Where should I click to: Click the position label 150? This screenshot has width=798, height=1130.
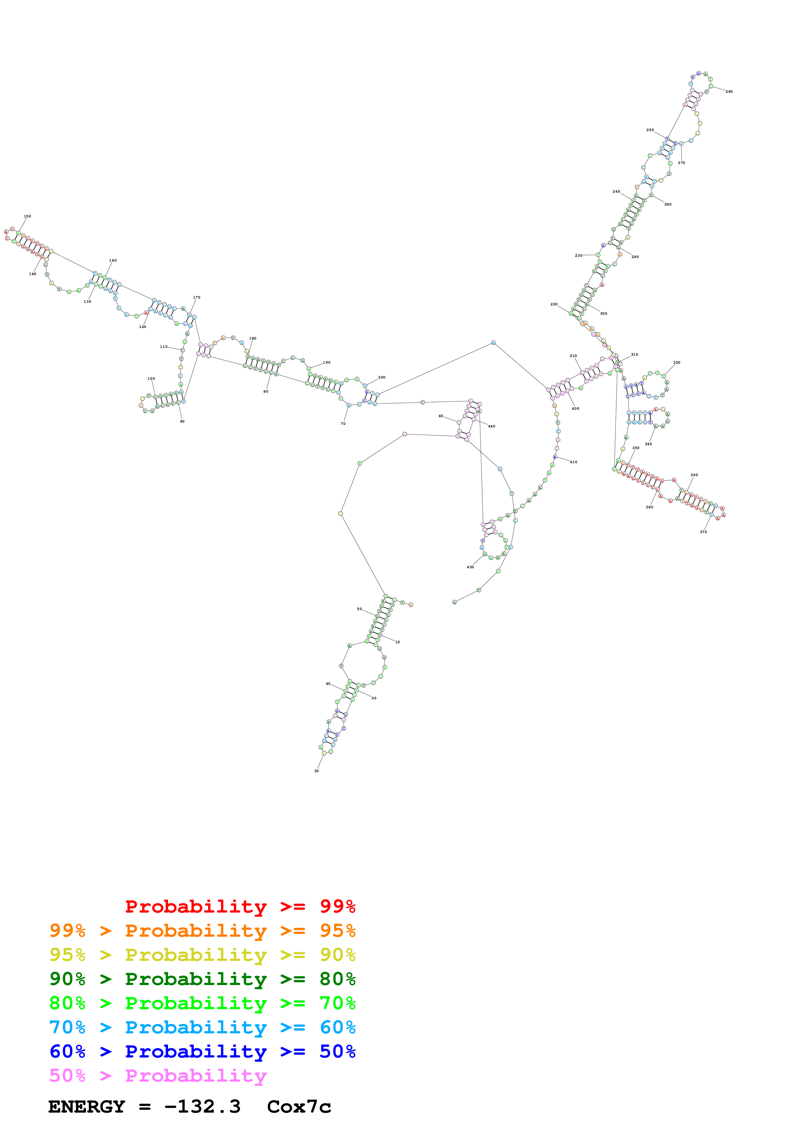[x=28, y=216]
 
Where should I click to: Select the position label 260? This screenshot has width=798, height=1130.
[x=729, y=91]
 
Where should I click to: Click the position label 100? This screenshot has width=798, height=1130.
[x=151, y=378]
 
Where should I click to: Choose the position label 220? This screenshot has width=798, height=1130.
[x=554, y=304]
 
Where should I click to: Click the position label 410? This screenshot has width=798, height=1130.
[x=573, y=462]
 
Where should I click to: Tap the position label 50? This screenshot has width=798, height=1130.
[x=360, y=609]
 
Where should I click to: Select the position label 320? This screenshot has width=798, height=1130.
[x=677, y=363]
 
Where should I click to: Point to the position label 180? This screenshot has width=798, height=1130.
[x=252, y=338]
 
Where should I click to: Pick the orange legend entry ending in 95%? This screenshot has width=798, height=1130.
[x=202, y=931]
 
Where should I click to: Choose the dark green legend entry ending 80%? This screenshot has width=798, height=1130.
[x=202, y=979]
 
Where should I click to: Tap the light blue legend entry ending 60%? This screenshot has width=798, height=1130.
[x=202, y=1027]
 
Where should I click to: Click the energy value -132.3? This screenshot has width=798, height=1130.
[x=202, y=1107]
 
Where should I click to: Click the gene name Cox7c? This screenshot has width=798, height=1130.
[x=299, y=1107]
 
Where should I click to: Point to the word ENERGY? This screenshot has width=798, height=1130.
[x=87, y=1107]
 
